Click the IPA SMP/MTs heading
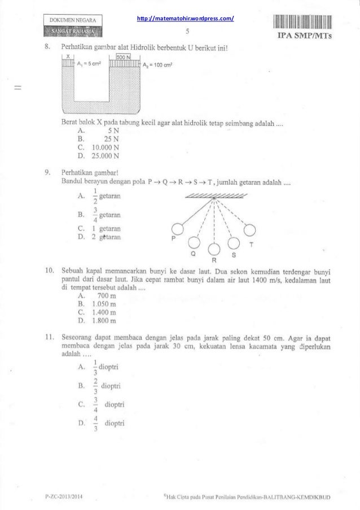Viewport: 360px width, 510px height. pyautogui.click(x=305, y=37)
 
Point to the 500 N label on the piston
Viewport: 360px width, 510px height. pyautogui.click(x=123, y=57)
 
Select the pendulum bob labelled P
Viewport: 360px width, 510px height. pyautogui.click(x=178, y=229)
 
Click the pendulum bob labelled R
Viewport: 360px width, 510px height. pyautogui.click(x=214, y=249)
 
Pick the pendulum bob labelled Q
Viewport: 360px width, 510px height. pyautogui.click(x=195, y=243)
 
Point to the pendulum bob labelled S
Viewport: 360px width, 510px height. pyautogui.click(x=234, y=243)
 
